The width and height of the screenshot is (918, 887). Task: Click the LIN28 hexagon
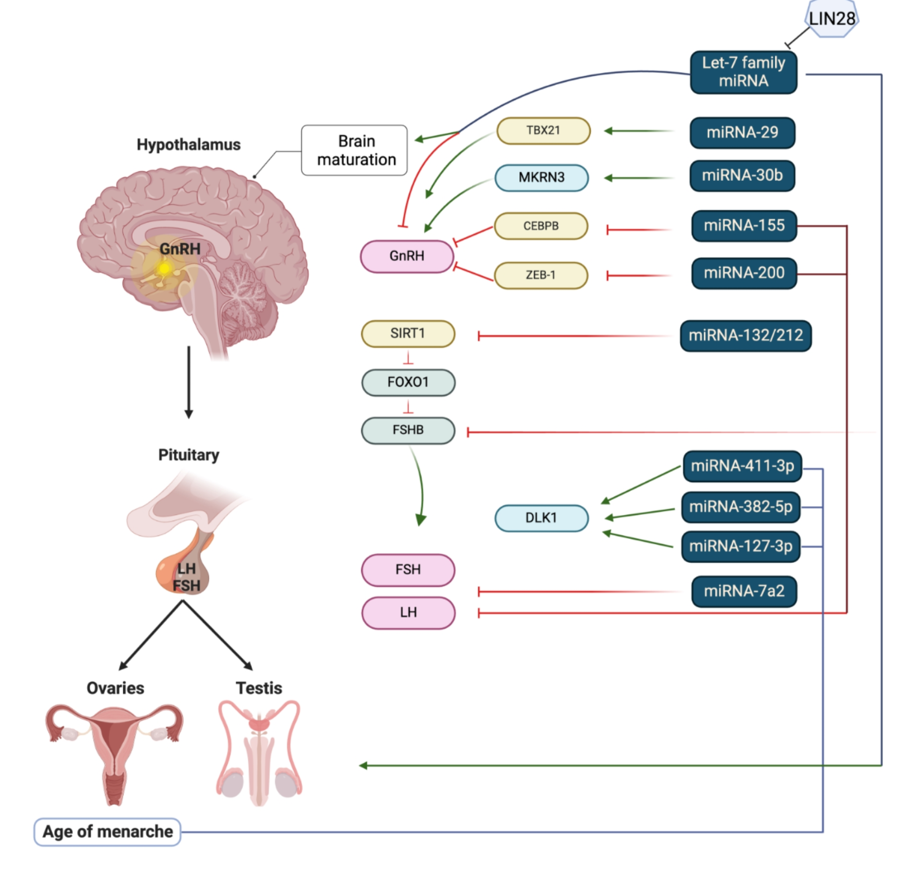point(832,19)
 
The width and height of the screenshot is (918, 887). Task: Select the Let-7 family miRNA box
point(743,72)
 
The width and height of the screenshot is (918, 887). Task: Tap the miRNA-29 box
point(743,133)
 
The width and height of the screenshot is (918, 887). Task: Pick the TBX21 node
point(543,131)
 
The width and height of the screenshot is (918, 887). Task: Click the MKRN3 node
point(542,178)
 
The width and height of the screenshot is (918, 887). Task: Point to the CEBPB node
point(541,226)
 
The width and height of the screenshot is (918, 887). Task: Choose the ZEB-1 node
point(541,275)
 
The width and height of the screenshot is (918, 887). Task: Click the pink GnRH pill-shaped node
point(407,256)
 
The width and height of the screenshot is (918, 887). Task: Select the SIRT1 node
point(408,333)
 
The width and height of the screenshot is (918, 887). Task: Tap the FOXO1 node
point(408,382)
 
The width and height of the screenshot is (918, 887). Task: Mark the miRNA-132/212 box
point(746,335)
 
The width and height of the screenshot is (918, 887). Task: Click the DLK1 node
point(542,518)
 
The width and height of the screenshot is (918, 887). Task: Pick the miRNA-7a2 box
point(744,591)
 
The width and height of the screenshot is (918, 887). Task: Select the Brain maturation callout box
point(355,150)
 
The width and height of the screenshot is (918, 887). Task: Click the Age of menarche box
point(107,832)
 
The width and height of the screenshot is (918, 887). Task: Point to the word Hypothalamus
point(188,145)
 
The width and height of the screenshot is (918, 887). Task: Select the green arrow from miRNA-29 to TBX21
point(639,131)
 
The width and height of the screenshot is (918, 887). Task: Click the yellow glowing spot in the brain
point(164,268)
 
